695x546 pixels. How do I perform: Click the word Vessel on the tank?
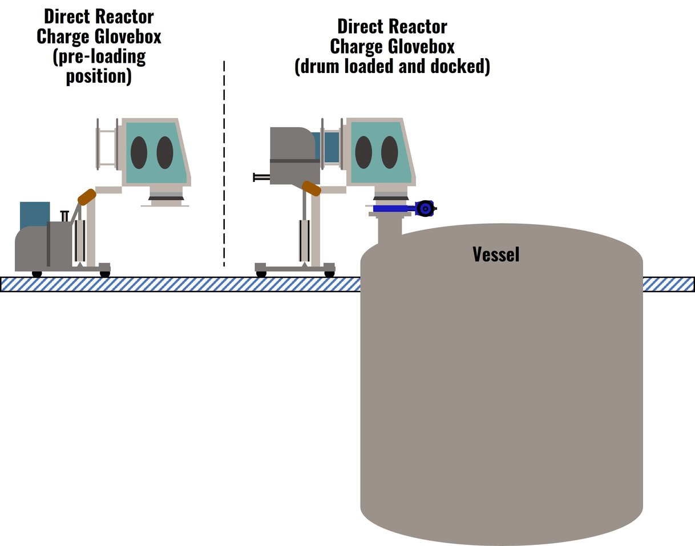[496, 254]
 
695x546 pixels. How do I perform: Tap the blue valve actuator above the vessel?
[424, 209]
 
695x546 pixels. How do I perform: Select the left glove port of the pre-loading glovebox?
[139, 152]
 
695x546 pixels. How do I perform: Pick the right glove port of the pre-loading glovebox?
[165, 152]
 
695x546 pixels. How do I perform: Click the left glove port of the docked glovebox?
[363, 152]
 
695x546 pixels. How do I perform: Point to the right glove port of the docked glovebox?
[390, 152]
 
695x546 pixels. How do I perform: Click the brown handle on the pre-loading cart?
[87, 197]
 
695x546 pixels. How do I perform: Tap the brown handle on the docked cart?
[312, 188]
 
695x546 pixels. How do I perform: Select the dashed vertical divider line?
[224, 165]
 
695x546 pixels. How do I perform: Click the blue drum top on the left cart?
[34, 214]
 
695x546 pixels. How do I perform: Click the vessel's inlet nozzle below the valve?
[390, 228]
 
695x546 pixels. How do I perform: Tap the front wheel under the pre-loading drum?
[37, 274]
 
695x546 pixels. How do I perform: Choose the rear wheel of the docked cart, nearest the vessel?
[329, 274]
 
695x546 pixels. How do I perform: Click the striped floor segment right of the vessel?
[668, 284]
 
